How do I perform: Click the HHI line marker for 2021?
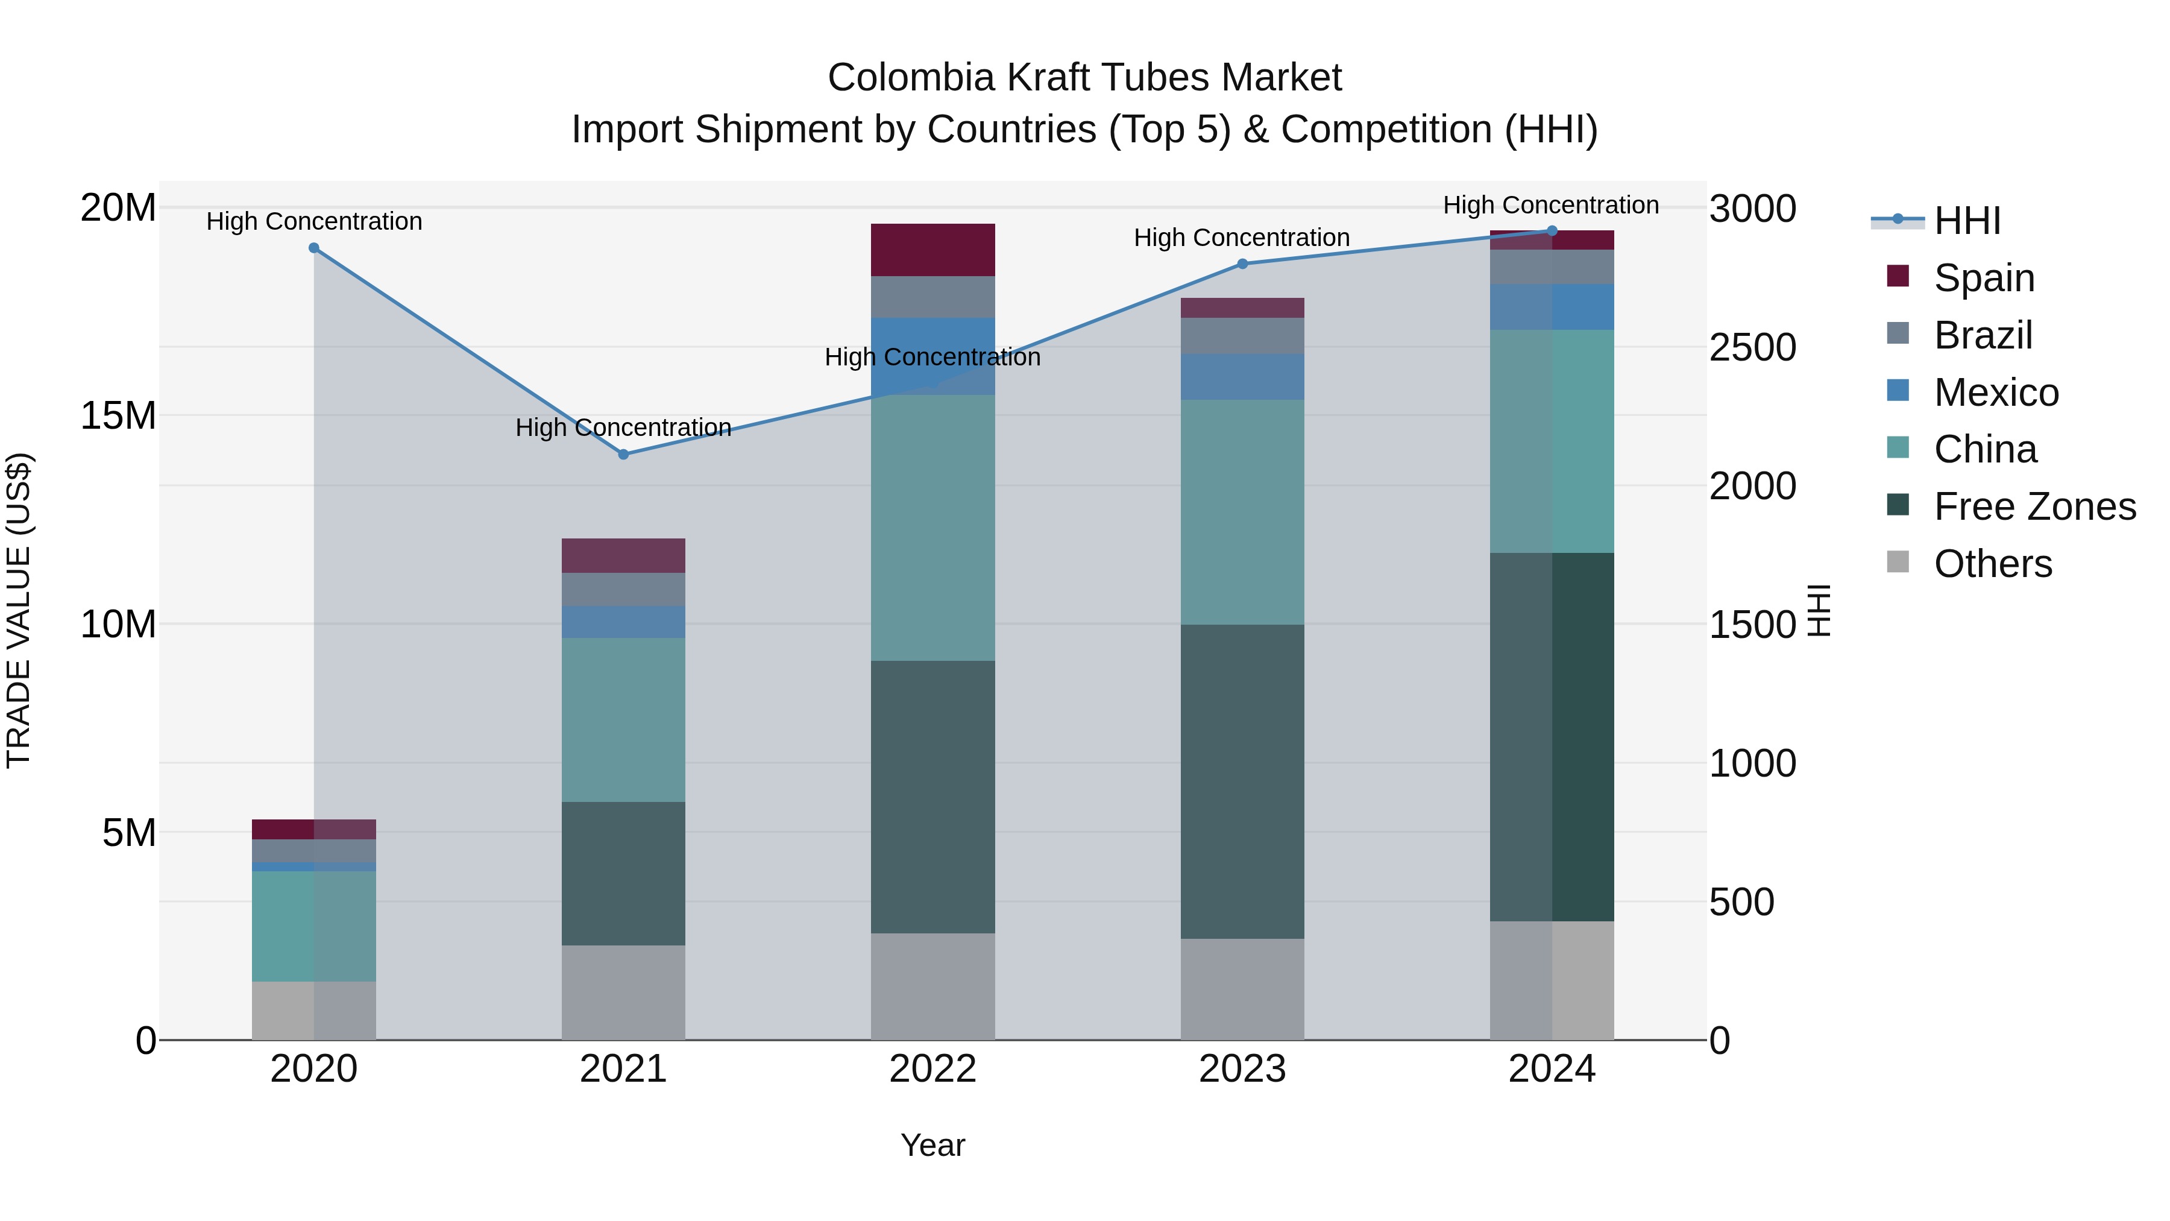(x=623, y=454)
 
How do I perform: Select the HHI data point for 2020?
(x=314, y=248)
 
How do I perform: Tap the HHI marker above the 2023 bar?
(x=1242, y=263)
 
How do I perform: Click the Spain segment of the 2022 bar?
(x=932, y=250)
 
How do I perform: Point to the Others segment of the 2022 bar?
(x=932, y=986)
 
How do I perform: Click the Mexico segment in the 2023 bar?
(x=1242, y=377)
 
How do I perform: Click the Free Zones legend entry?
(x=2034, y=506)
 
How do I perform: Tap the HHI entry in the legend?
(x=1966, y=221)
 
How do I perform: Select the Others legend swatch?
(x=1898, y=561)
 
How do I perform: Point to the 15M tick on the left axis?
(x=118, y=415)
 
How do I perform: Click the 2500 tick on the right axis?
(x=1752, y=347)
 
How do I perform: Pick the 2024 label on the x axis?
(x=1552, y=1069)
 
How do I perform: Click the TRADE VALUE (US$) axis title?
(x=19, y=610)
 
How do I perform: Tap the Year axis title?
(x=932, y=1145)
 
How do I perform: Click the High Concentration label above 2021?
(x=623, y=428)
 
